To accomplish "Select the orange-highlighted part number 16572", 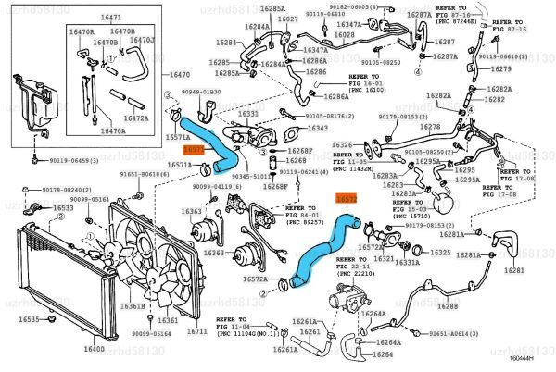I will [x=345, y=198].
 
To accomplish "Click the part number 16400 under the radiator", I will [x=95, y=349].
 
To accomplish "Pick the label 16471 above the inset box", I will [x=110, y=19].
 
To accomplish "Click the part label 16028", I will [x=344, y=34].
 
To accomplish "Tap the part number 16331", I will [x=248, y=114].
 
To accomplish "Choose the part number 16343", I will [x=317, y=128].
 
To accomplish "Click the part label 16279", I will [x=501, y=68].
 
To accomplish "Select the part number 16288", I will [x=449, y=305].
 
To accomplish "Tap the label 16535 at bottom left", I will [x=31, y=319].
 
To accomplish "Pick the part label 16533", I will [x=63, y=208].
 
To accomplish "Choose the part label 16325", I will [x=441, y=252].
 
